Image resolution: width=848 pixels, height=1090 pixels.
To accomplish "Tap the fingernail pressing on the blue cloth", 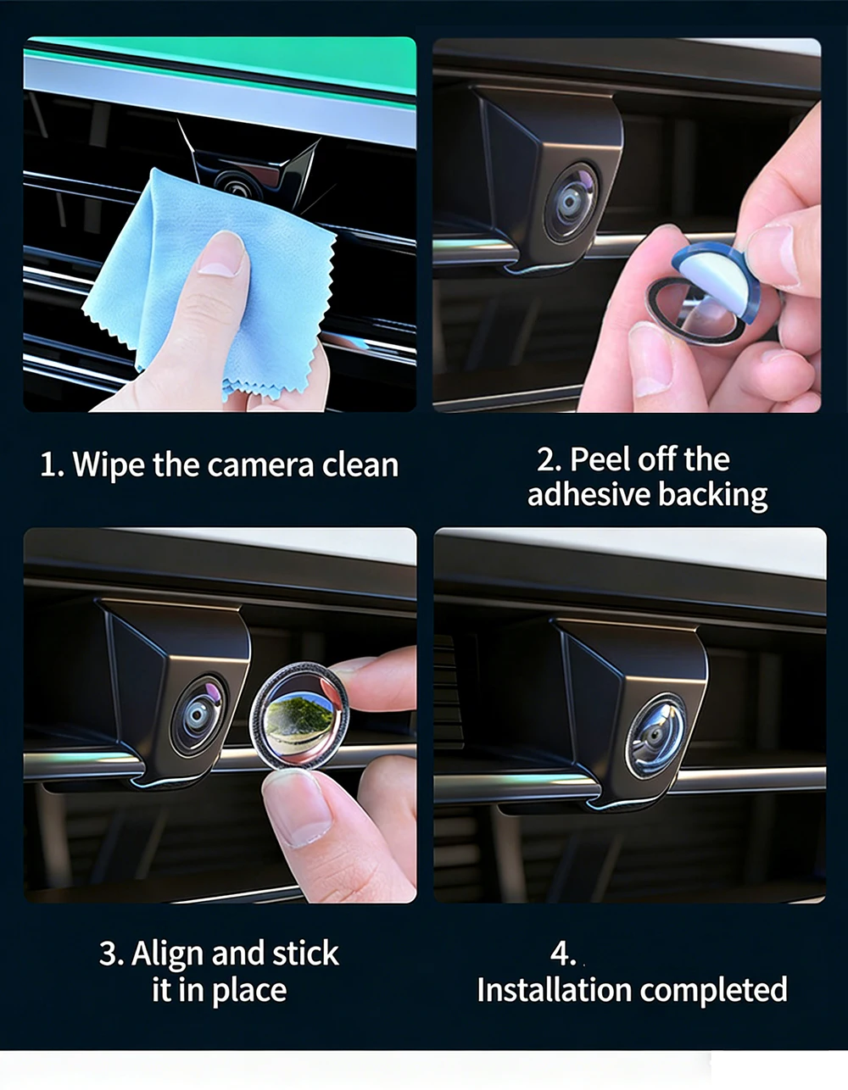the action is [222, 253].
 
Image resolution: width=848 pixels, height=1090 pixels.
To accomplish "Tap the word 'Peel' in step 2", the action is [599, 459].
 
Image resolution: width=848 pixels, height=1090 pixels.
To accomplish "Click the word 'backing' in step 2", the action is [712, 496].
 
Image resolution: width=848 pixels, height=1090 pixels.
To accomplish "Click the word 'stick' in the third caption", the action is [305, 953].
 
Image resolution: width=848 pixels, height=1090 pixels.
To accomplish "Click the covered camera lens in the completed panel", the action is [656, 737].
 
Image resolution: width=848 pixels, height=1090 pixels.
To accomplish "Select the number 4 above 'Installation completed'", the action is [562, 954].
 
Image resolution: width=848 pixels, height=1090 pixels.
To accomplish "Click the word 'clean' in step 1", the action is [360, 465].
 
